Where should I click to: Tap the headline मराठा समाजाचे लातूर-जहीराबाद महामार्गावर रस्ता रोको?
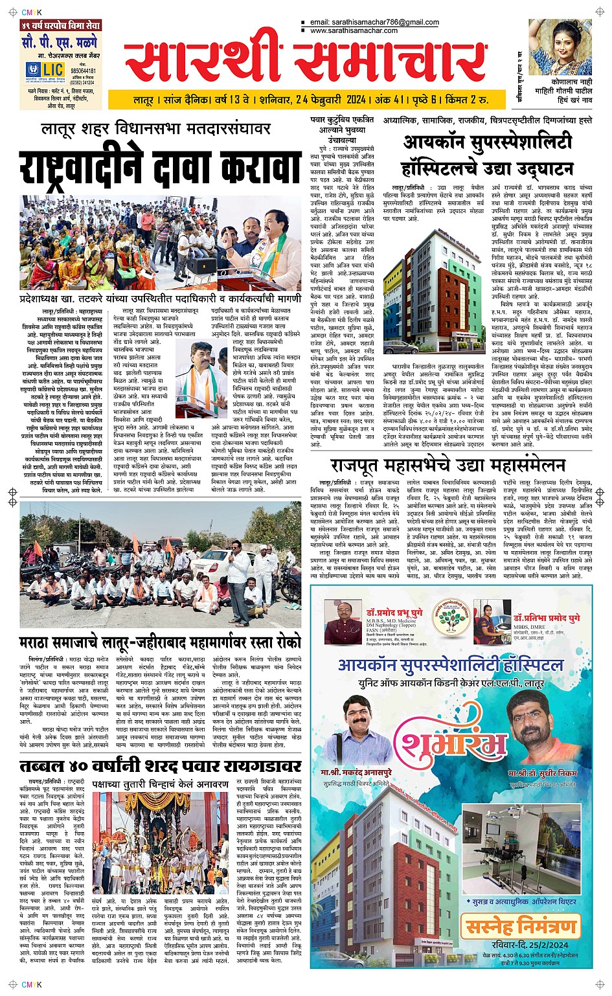160,643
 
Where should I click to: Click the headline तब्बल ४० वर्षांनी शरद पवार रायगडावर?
160,767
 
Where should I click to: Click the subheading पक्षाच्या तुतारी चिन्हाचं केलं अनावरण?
160,784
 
